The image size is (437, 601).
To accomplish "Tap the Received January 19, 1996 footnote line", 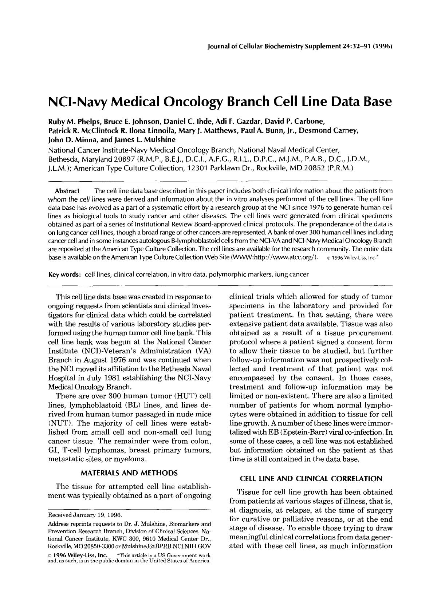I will coord(84,515).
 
